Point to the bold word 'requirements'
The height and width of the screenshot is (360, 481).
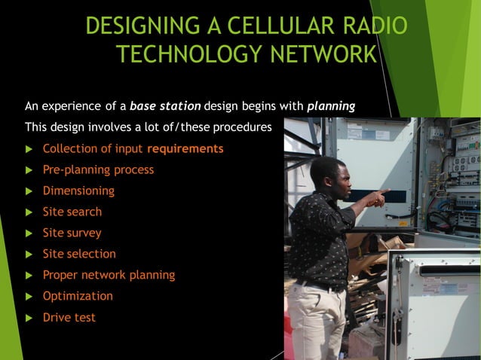(185, 148)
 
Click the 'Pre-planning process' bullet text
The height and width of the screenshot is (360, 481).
(98, 169)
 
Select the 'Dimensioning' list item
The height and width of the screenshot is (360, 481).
(78, 191)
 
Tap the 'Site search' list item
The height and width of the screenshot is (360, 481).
(72, 212)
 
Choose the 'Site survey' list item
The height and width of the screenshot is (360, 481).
(72, 233)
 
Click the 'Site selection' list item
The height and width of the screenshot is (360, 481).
(79, 254)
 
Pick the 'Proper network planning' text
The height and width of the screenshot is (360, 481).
(109, 275)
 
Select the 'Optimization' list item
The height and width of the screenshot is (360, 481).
(78, 296)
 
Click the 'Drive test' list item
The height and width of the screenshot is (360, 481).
(69, 317)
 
